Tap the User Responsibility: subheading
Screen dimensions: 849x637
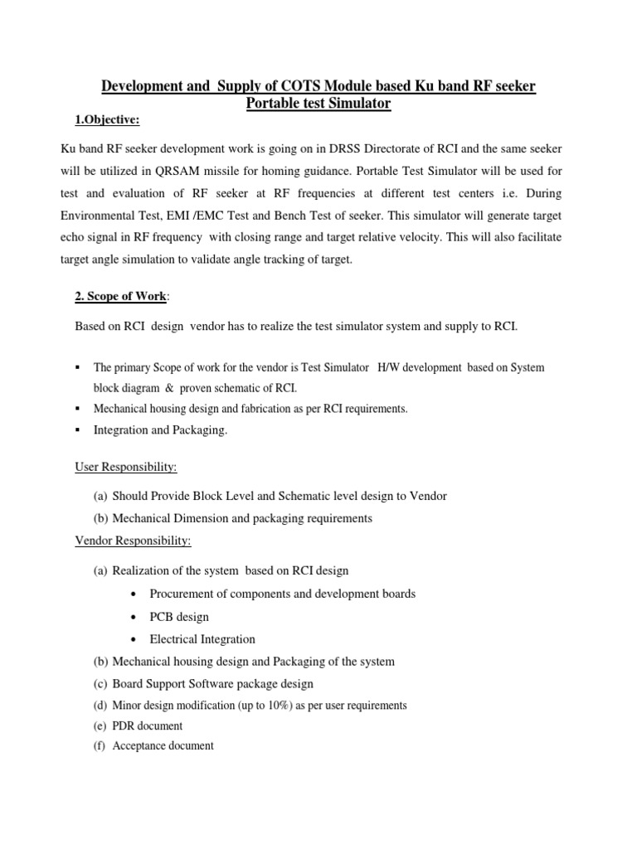tap(126, 468)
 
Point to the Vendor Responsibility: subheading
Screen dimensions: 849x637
tap(133, 541)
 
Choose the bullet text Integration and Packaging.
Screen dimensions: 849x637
tap(160, 430)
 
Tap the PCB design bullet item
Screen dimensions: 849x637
tap(179, 617)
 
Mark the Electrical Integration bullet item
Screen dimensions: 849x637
tap(202, 639)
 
